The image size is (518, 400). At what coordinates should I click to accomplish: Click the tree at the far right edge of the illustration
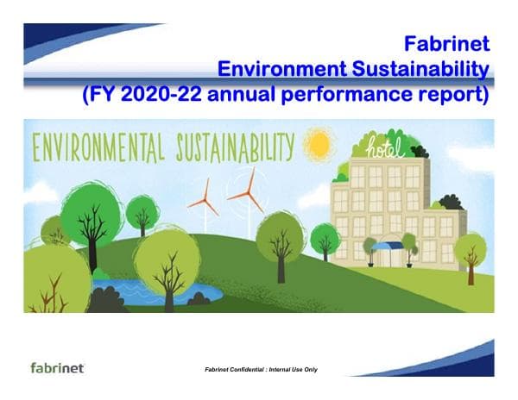tap(471, 253)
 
